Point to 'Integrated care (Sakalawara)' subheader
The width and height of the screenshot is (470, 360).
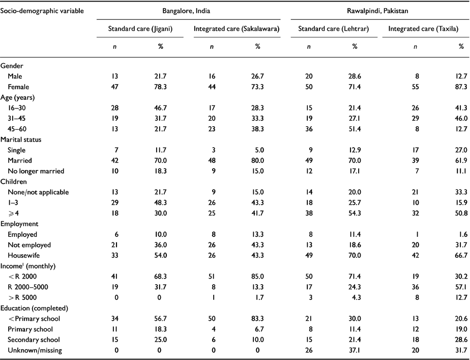click(x=237, y=29)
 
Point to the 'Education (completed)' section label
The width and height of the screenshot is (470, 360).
click(x=32, y=309)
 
